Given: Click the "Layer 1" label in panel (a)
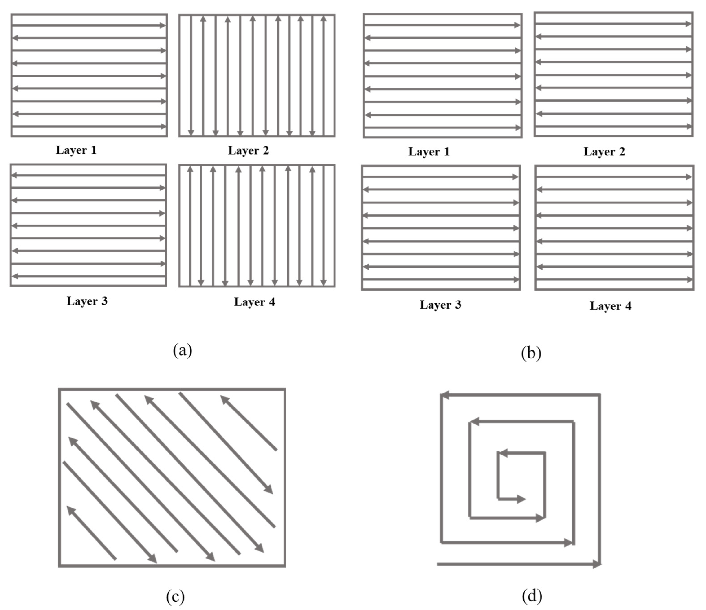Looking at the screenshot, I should pyautogui.click(x=76, y=150).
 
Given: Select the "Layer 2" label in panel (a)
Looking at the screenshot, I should pyautogui.click(x=249, y=150).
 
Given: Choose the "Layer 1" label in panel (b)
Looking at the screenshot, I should pyautogui.click(x=429, y=152).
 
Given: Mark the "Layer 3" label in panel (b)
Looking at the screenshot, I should pyautogui.click(x=440, y=305).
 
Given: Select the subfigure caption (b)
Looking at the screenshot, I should pyautogui.click(x=531, y=353).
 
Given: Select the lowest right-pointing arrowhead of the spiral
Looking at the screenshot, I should pyautogui.click(x=596, y=564).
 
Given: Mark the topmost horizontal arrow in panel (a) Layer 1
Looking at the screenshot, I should pyautogui.click(x=89, y=25).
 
